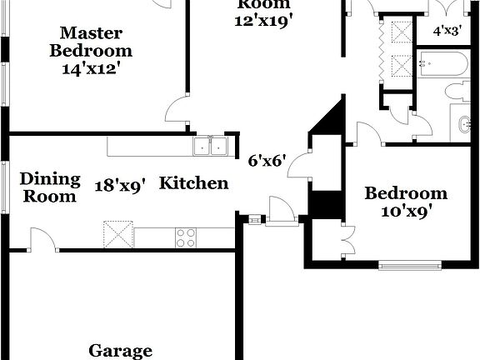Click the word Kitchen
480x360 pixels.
tap(193, 182)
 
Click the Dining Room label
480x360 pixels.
tap(50, 187)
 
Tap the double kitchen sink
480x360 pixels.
tap(211, 147)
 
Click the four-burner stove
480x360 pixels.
tap(186, 237)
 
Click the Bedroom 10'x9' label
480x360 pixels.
tap(406, 202)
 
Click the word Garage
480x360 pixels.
tap(121, 351)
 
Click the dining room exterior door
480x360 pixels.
tap(42, 241)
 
